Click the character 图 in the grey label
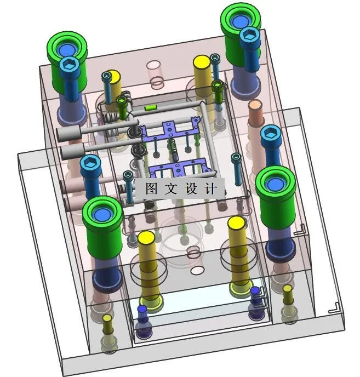coord(151,188)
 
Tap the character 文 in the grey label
coord(171,188)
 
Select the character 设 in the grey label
coord(191,188)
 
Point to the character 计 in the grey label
coord(211,188)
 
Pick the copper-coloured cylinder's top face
coord(255,105)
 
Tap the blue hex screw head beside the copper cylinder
coord(271,133)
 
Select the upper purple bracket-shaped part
coord(169,129)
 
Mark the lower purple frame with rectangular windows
coord(179,168)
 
